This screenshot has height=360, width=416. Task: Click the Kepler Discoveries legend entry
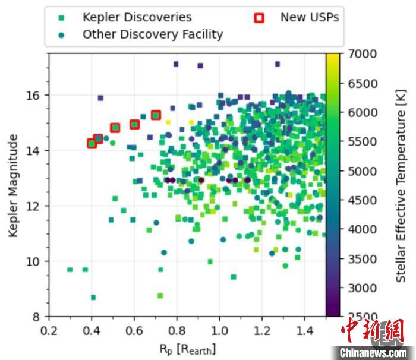click(x=137, y=17)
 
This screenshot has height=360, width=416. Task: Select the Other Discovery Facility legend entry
click(x=152, y=34)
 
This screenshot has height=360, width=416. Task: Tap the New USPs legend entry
click(x=309, y=17)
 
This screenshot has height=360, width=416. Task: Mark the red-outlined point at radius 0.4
click(x=92, y=143)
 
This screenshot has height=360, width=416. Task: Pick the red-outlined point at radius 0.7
click(x=156, y=115)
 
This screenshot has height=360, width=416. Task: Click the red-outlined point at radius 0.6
click(x=134, y=124)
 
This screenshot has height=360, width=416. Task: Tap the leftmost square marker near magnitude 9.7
click(x=70, y=270)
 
